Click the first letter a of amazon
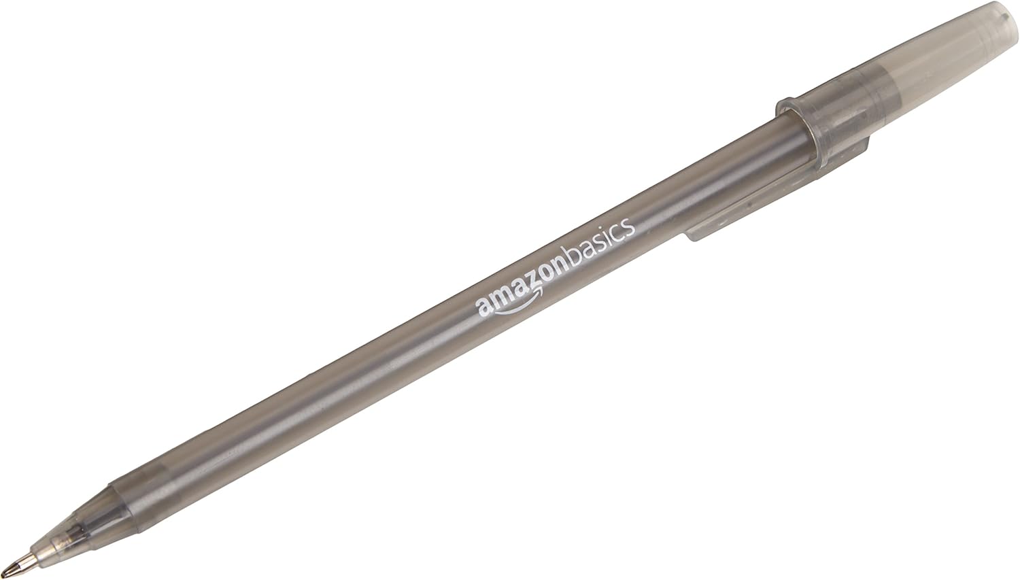tap(483, 305)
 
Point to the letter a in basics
tap(586, 251)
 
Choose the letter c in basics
tap(618, 234)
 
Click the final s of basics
tap(630, 228)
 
